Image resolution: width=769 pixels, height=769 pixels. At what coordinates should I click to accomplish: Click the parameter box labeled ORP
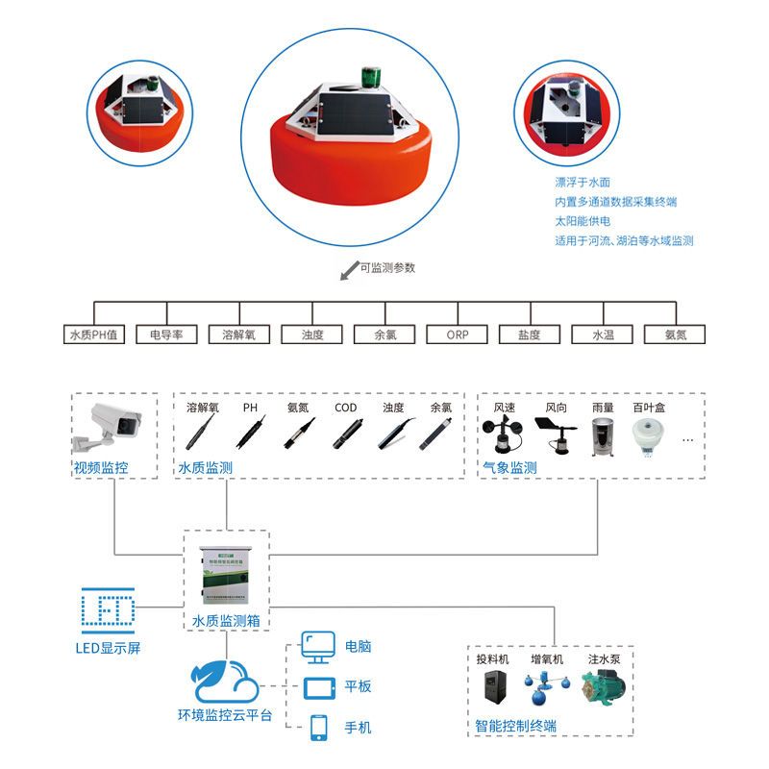(458, 335)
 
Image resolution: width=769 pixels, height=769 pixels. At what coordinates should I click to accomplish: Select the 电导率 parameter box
(166, 335)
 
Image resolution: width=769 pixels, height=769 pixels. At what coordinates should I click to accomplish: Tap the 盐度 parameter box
(529, 335)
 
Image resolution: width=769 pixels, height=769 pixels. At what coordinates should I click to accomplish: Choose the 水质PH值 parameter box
(94, 335)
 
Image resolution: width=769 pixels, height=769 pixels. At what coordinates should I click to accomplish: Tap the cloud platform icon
(224, 681)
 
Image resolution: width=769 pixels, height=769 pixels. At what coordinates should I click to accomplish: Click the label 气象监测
(510, 468)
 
